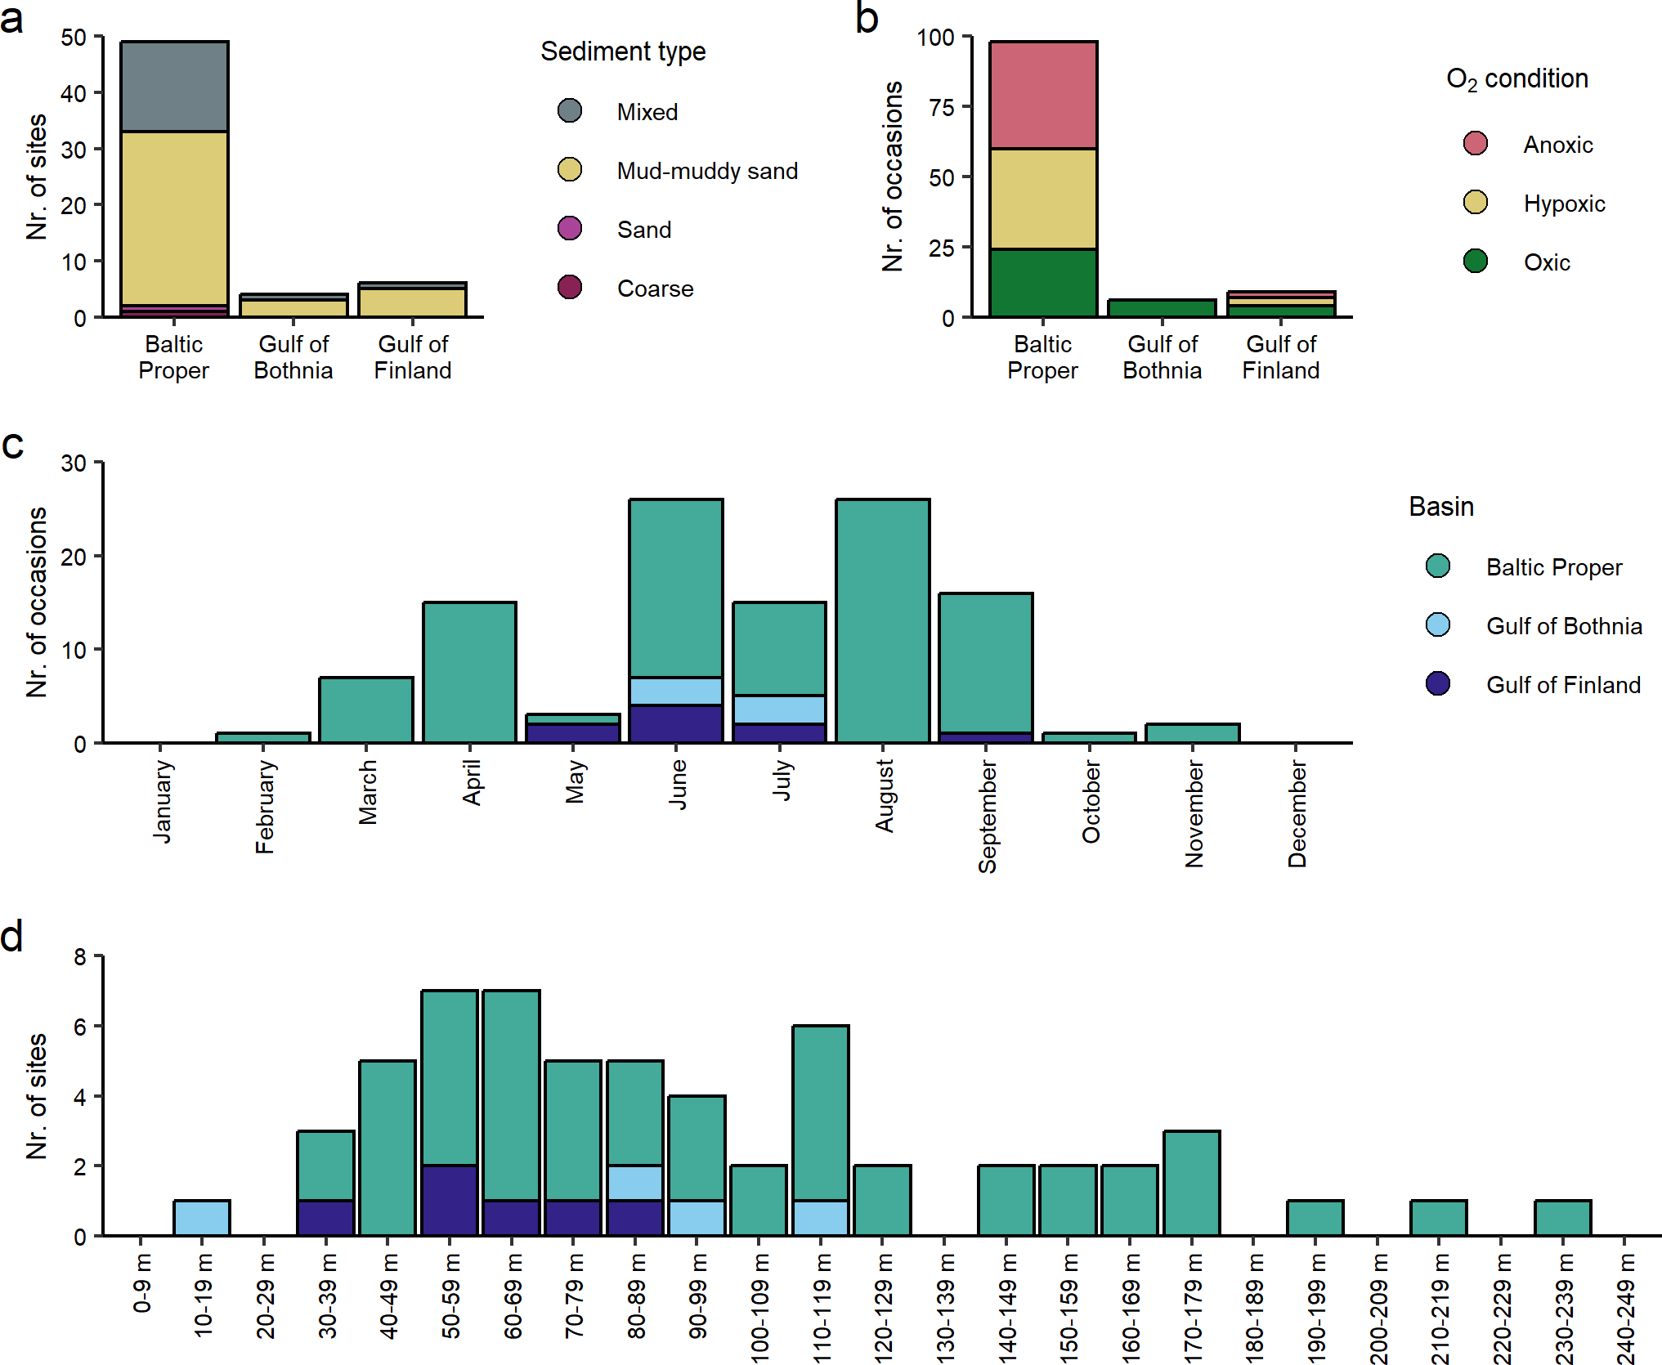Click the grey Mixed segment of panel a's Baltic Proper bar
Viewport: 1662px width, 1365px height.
pos(174,87)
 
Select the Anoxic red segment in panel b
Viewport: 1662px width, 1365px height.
pos(1043,95)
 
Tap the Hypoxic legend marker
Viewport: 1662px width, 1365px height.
pos(1475,203)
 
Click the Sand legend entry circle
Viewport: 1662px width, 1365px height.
pos(570,229)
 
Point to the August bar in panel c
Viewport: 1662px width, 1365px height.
pos(882,620)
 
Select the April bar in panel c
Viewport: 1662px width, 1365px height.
pos(469,672)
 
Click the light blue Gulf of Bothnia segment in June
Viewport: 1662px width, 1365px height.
pos(675,691)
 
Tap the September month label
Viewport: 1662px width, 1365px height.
pos(987,816)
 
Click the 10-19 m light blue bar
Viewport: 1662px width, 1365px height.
pos(202,1217)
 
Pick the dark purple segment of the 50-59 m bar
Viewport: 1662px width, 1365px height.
pos(450,1199)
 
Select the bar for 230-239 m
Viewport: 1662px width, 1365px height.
pos(1562,1217)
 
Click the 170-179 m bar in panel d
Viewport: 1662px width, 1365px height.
pos(1191,1182)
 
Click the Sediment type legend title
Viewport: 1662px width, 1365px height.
pos(623,51)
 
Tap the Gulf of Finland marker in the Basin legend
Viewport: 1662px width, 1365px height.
pos(1438,683)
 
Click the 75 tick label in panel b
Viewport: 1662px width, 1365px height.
pos(942,107)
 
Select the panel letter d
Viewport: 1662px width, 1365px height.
pos(12,936)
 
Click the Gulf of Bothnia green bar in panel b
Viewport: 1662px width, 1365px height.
pos(1162,308)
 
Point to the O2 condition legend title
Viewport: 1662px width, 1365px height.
pos(1516,79)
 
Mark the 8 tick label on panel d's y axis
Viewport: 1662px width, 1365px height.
pos(79,956)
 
